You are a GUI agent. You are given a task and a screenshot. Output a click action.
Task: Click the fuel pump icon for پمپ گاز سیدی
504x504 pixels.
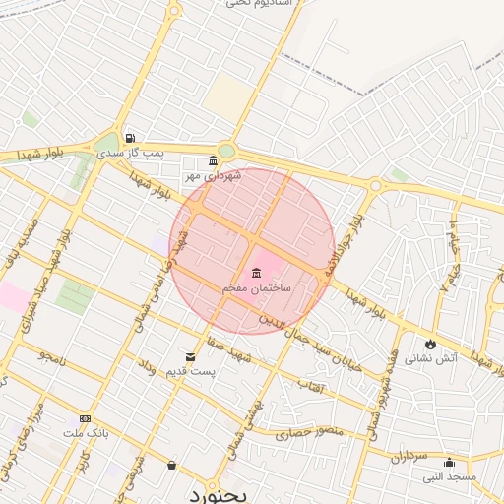click(x=129, y=138)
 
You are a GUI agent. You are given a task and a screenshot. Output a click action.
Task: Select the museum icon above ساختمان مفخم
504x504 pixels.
click(x=256, y=272)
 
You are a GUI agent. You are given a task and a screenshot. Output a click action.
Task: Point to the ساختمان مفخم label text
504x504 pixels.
click(x=256, y=287)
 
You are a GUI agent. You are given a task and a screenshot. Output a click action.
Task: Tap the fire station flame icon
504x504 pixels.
click(x=430, y=343)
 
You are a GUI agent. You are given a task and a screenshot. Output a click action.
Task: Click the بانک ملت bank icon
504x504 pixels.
click(x=84, y=418)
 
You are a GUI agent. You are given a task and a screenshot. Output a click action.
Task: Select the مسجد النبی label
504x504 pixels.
click(x=449, y=476)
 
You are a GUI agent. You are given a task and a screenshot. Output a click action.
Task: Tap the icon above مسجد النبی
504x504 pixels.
click(x=450, y=462)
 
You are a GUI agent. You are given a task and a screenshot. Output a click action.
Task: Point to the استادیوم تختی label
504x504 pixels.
click(x=261, y=4)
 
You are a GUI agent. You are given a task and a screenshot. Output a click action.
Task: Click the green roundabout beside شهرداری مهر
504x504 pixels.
click(x=227, y=151)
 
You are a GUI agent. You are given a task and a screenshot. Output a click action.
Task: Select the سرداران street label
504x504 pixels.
click(x=406, y=457)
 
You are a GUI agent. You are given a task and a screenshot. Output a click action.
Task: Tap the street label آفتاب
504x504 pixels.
click(x=310, y=391)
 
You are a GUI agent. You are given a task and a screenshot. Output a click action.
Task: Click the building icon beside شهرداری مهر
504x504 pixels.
click(x=214, y=160)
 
